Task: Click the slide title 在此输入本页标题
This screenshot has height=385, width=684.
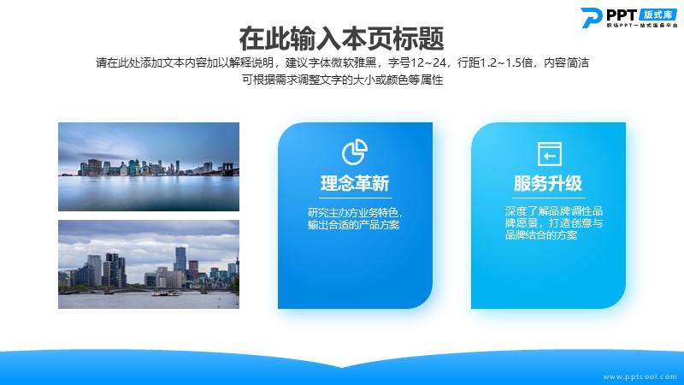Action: (341, 38)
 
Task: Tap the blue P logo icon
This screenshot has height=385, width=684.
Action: (591, 17)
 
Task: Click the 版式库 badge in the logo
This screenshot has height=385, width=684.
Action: (657, 15)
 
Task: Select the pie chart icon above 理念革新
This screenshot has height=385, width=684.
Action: (355, 151)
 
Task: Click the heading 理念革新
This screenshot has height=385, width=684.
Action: (355, 183)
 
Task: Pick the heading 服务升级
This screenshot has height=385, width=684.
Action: (548, 183)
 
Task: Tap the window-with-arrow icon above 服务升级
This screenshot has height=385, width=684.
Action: (549, 154)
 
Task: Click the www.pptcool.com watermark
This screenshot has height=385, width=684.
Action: (640, 376)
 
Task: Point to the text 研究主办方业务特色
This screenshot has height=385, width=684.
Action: (352, 212)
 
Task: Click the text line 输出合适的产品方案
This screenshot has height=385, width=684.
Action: (353, 225)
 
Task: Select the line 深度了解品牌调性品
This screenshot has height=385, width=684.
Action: (553, 211)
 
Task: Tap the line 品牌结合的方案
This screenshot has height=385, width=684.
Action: (541, 235)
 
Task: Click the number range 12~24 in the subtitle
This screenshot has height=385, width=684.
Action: (427, 62)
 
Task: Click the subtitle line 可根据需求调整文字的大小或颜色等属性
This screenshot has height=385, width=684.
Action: (343, 80)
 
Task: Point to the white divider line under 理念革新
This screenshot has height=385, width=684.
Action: (355, 198)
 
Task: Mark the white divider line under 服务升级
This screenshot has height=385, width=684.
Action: (548, 198)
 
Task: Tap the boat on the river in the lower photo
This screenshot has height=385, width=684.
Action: (165, 293)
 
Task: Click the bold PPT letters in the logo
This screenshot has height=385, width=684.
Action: (622, 15)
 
